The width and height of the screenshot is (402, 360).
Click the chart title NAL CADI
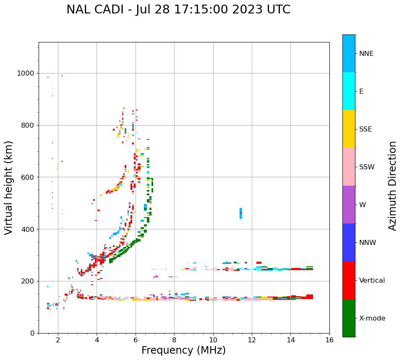click(x=178, y=10)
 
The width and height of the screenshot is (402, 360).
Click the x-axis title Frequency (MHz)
click(x=183, y=350)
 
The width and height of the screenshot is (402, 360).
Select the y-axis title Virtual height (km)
click(x=9, y=188)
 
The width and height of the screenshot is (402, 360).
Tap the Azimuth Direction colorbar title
click(x=392, y=186)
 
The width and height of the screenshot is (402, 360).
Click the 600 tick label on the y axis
click(x=29, y=177)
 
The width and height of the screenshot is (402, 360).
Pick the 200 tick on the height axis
click(x=29, y=281)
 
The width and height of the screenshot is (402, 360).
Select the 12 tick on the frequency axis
click(x=252, y=339)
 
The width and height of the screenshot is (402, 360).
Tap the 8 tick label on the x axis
click(x=174, y=339)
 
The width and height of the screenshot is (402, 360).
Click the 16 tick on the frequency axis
click(x=329, y=339)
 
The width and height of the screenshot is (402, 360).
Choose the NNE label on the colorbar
click(x=366, y=54)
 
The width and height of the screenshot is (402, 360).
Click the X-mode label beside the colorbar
click(x=372, y=318)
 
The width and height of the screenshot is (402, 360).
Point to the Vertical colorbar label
click(x=372, y=281)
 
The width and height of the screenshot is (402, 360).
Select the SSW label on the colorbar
click(x=367, y=167)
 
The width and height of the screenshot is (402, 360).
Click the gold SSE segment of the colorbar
click(x=349, y=129)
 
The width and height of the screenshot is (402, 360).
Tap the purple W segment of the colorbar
click(x=349, y=205)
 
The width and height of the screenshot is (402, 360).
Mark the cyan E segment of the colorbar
click(x=349, y=91)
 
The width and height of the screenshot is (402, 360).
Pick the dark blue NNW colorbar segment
click(x=349, y=242)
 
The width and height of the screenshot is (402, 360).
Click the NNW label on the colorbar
click(x=368, y=243)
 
